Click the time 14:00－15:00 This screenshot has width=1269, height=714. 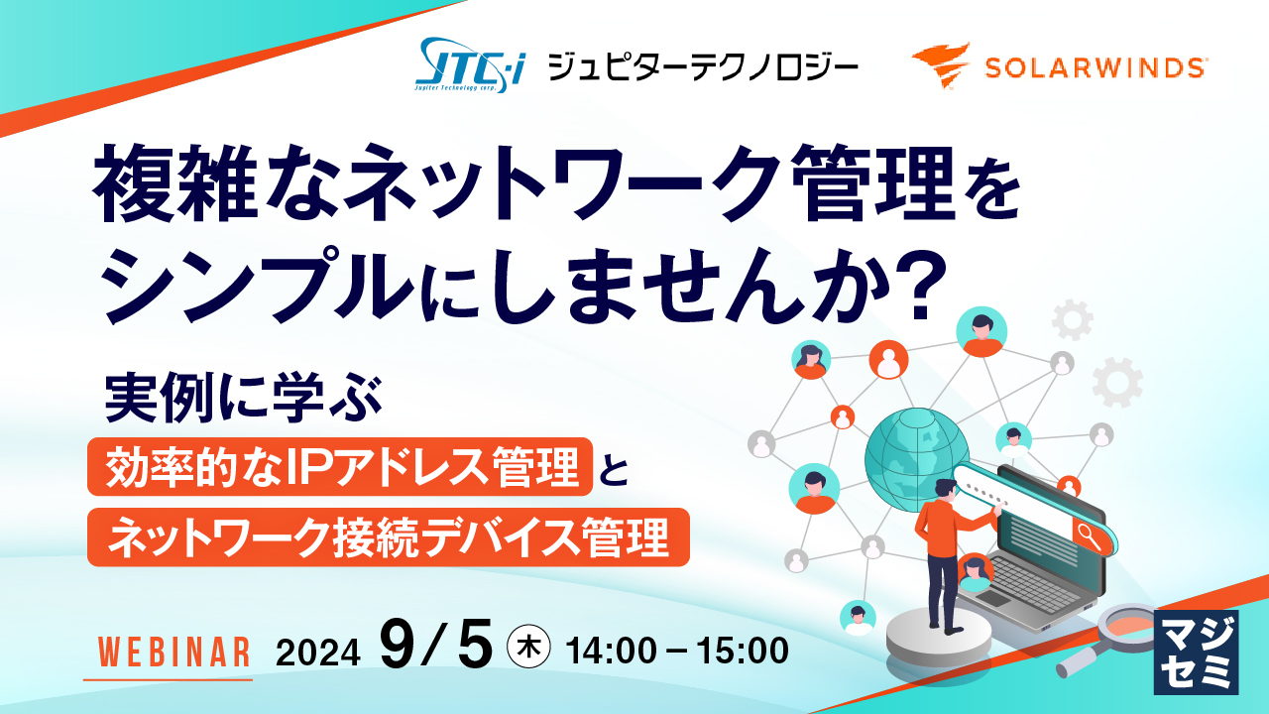pos(677,651)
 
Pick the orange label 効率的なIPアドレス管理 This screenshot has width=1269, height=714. pos(340,466)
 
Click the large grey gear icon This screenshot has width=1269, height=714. pos(1117,383)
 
